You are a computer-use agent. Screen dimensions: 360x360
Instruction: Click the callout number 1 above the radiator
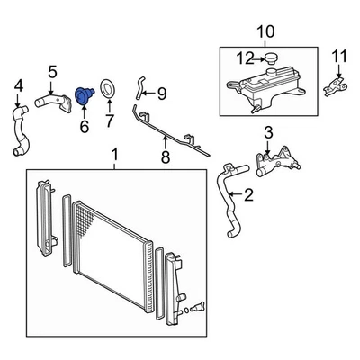click(x=113, y=162)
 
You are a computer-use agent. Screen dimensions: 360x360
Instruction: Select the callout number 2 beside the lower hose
click(x=248, y=193)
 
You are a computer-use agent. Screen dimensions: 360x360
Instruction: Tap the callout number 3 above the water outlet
click(x=267, y=134)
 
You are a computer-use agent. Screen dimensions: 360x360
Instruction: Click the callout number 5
click(x=52, y=72)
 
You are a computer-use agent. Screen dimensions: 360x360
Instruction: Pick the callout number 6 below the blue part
click(x=85, y=128)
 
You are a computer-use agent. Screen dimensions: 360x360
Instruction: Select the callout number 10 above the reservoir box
click(x=265, y=34)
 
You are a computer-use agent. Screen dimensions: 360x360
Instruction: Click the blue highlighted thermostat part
click(x=84, y=94)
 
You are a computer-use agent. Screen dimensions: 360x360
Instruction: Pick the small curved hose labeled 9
click(x=140, y=86)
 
